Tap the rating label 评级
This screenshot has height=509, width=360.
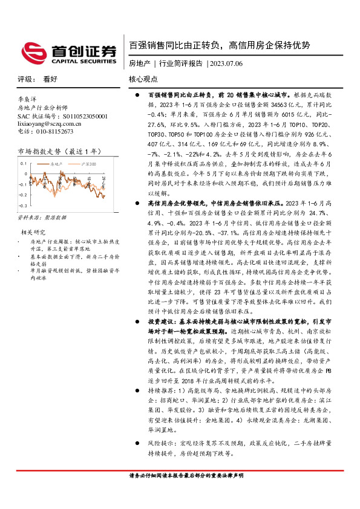26,79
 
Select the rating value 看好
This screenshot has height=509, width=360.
50,79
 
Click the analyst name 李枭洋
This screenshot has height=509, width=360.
28,97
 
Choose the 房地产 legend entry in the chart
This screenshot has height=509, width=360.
55,163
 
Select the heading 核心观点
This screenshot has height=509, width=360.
143,79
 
